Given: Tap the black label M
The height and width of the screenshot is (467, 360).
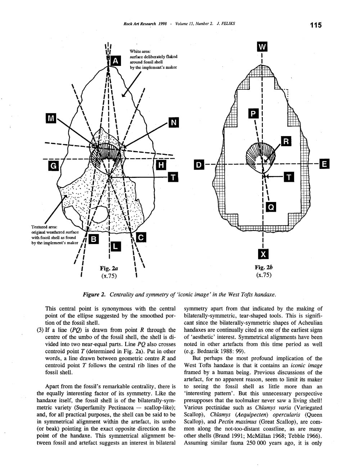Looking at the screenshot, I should tap(51, 118).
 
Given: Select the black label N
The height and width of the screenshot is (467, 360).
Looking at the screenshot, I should tap(174, 123).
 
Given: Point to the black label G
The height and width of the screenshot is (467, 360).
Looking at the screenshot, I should tap(53, 166).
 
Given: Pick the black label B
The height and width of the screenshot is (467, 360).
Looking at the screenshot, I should tap(94, 239).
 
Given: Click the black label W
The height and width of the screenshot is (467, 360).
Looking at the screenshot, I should tap(263, 47).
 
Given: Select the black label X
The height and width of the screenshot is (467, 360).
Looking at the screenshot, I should tap(264, 254).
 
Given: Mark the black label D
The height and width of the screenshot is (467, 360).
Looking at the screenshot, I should tap(198, 165).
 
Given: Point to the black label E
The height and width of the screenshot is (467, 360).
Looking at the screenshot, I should tap(324, 164).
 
